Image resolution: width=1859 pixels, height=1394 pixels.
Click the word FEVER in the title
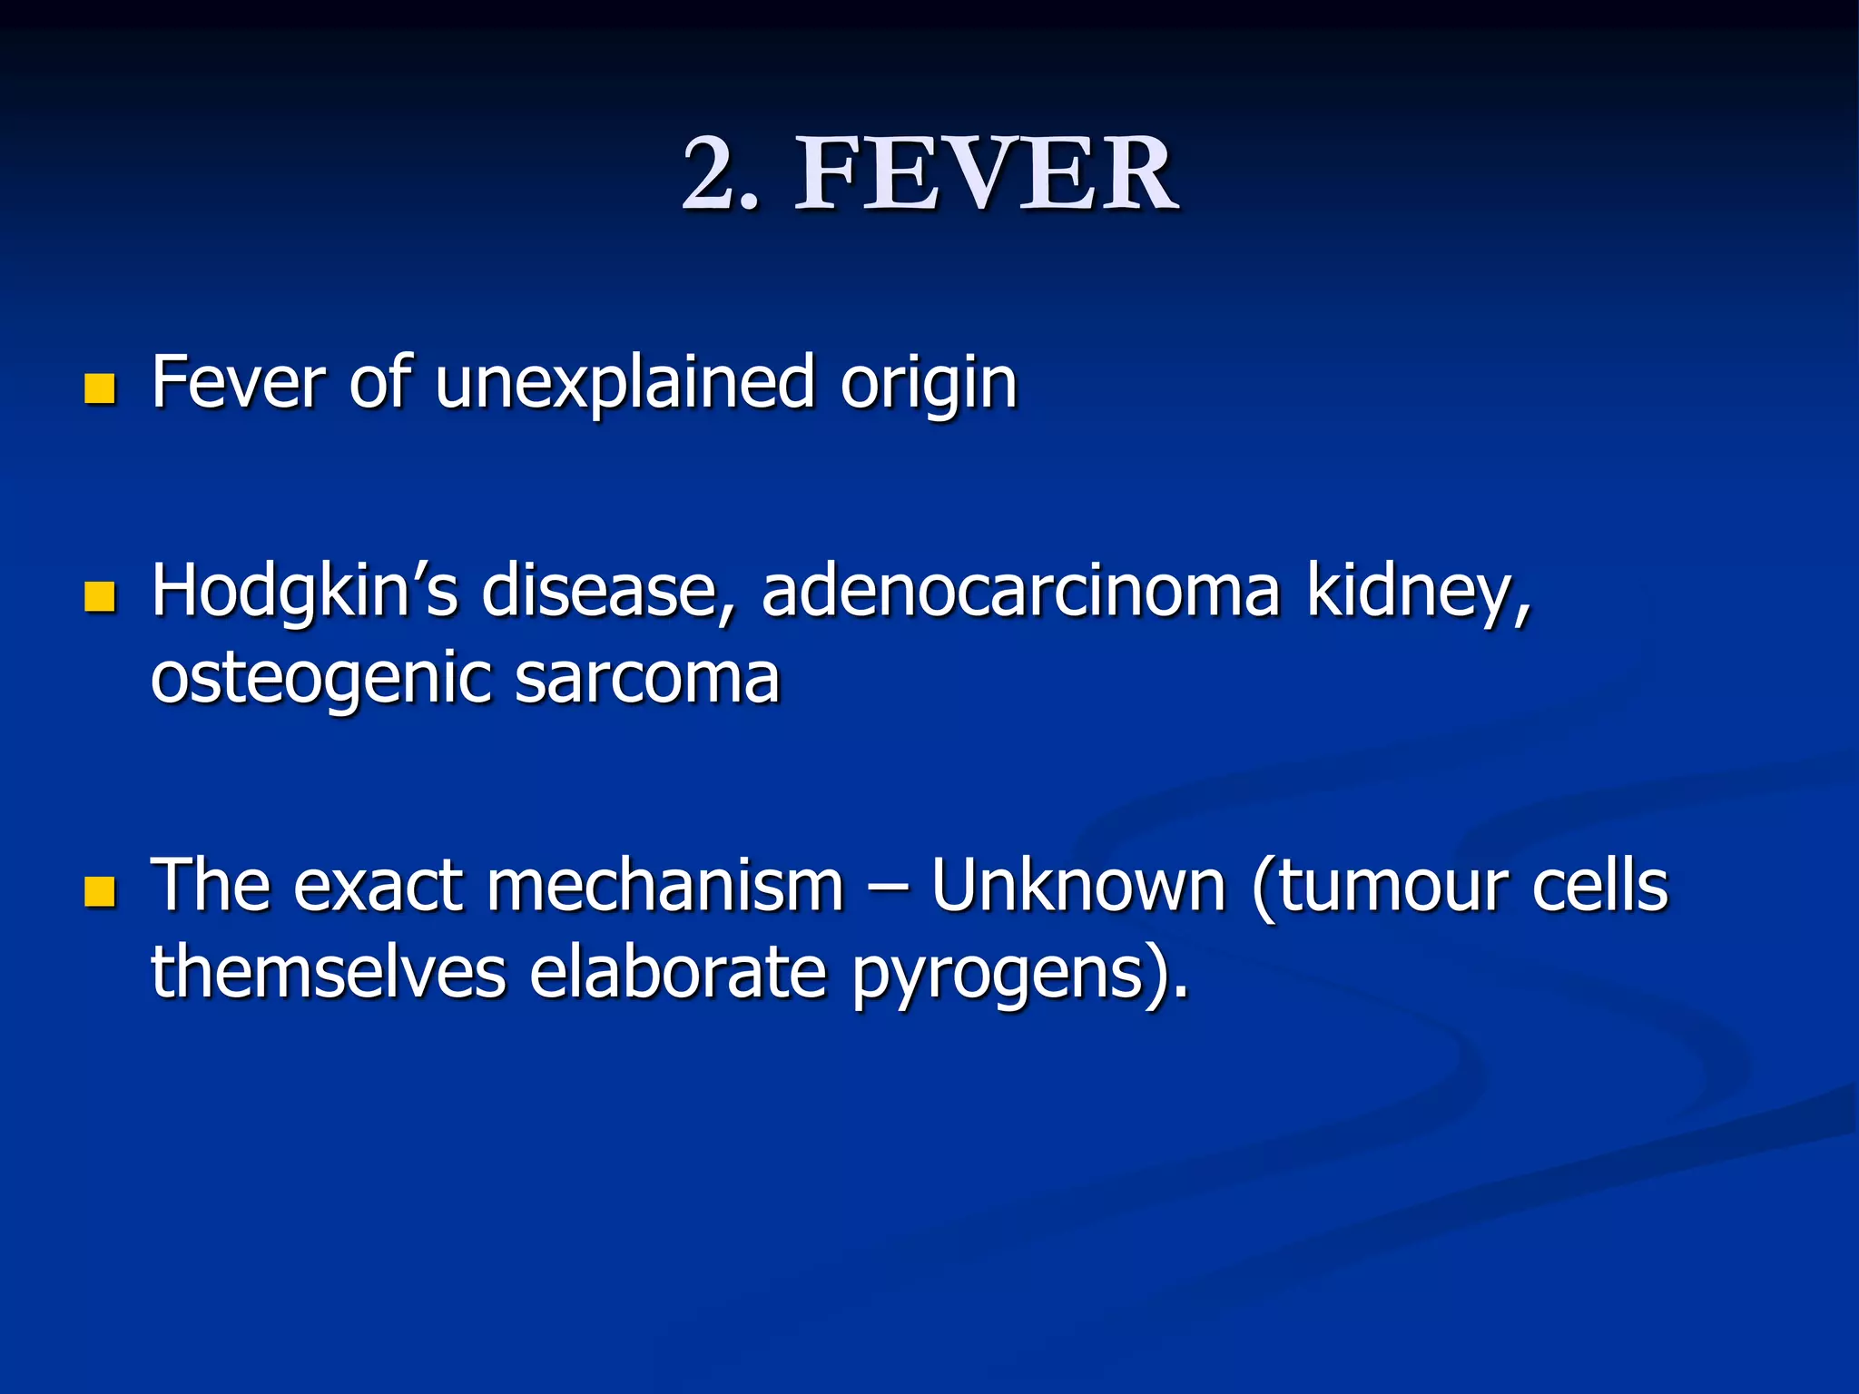point(987,173)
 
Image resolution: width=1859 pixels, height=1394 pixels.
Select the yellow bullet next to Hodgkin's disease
point(100,596)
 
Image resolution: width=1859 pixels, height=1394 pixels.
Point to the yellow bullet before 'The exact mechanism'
point(100,891)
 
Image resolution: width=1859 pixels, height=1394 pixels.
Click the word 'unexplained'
point(625,383)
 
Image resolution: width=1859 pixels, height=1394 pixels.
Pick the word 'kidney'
point(1417,592)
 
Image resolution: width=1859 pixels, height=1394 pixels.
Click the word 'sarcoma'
point(646,679)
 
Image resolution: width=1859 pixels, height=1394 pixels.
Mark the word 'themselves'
point(328,972)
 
